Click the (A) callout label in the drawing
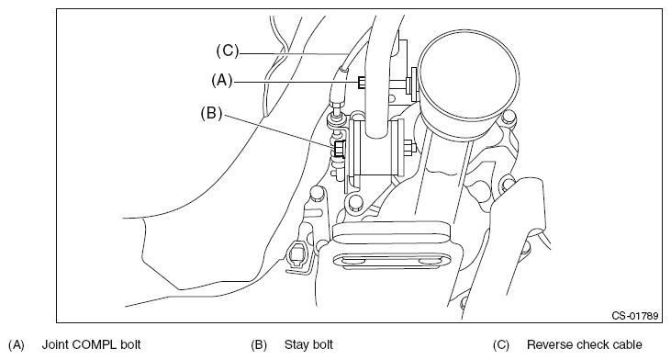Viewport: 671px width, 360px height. [221, 81]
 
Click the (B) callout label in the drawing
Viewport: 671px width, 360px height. [211, 114]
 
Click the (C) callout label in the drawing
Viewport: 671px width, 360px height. [228, 51]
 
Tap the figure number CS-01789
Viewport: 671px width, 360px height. [634, 316]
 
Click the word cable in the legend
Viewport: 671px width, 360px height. [628, 344]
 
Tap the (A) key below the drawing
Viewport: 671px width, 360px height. [17, 345]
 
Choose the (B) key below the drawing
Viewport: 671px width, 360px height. [259, 345]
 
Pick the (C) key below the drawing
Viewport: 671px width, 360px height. [501, 345]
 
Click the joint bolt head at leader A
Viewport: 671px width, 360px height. [362, 82]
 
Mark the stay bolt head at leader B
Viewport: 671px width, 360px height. [339, 149]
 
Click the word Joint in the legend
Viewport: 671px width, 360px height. [56, 344]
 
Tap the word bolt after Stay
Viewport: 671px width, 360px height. [323, 344]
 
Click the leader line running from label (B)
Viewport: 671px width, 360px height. [279, 130]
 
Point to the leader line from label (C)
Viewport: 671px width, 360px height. [293, 53]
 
